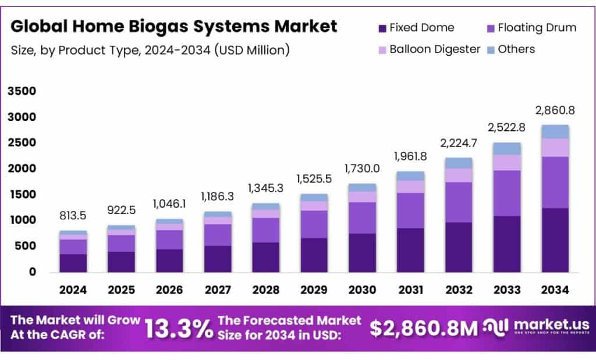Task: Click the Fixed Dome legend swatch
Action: pyautogui.click(x=382, y=28)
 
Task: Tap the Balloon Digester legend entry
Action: pyautogui.click(x=429, y=49)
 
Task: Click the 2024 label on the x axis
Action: pyautogui.click(x=73, y=289)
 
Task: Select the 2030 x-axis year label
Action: pyautogui.click(x=362, y=289)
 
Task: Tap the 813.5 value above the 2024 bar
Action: pyautogui.click(x=73, y=216)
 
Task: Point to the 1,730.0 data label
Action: pyautogui.click(x=362, y=168)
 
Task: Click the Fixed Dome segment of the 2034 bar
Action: pyautogui.click(x=555, y=240)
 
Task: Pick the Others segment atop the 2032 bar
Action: pyautogui.click(x=459, y=163)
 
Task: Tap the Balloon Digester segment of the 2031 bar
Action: pyautogui.click(x=410, y=187)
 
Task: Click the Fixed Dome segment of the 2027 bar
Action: pyautogui.click(x=218, y=258)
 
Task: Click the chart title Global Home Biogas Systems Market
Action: pyautogui.click(x=174, y=26)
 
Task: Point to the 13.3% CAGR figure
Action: pyautogui.click(x=178, y=329)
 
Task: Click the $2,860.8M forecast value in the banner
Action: pyautogui.click(x=424, y=329)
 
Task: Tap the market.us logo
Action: pyautogui.click(x=536, y=327)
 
